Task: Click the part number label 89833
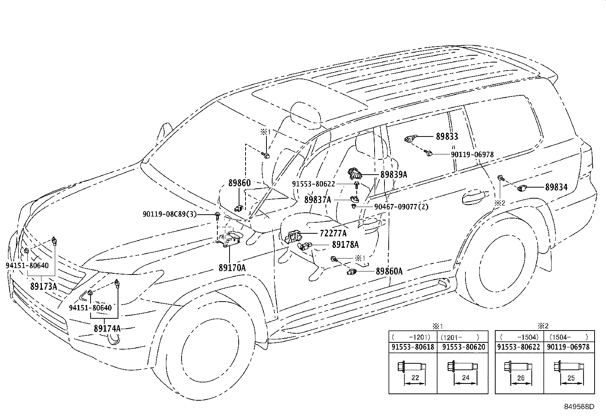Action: tap(447, 136)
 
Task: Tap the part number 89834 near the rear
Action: tap(556, 187)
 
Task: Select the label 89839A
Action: tap(394, 175)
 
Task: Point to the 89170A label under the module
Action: tap(232, 268)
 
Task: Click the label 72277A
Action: tap(333, 233)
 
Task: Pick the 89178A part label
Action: tap(345, 245)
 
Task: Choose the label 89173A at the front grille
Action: tap(43, 286)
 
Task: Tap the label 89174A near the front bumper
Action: tap(107, 329)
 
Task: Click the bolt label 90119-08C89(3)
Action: tap(170, 214)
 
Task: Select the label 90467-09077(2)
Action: tap(401, 207)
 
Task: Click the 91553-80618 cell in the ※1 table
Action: tap(413, 347)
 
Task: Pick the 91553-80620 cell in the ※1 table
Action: tap(464, 347)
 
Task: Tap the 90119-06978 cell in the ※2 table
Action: tap(568, 347)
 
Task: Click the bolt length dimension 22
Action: tap(415, 377)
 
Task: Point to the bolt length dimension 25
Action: tap(571, 378)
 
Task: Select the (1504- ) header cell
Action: tap(569, 337)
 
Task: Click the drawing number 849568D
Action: tap(579, 406)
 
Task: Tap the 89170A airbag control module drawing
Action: tap(229, 239)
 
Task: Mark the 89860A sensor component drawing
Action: tap(352, 271)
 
